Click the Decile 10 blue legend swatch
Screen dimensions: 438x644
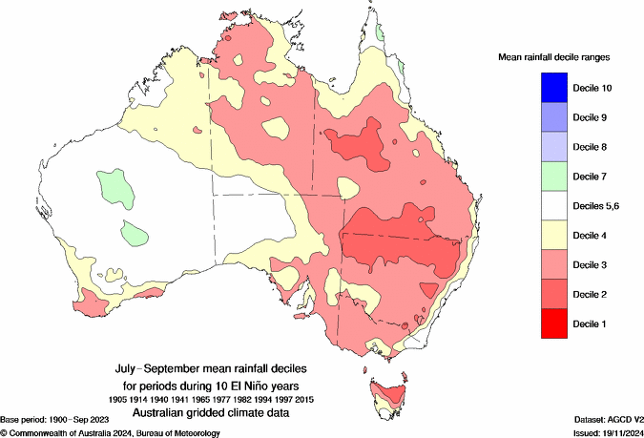(540, 88)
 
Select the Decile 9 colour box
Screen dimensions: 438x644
(540, 117)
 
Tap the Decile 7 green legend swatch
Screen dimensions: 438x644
(540, 177)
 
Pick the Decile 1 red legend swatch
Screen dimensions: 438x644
(540, 323)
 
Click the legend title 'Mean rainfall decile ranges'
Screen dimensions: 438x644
(554, 58)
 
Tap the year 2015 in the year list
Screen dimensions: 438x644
(303, 399)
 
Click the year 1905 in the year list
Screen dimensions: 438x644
(118, 399)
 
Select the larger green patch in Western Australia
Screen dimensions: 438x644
(114, 184)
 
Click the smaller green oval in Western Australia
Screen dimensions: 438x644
(134, 231)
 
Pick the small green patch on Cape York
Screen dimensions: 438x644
(379, 31)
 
